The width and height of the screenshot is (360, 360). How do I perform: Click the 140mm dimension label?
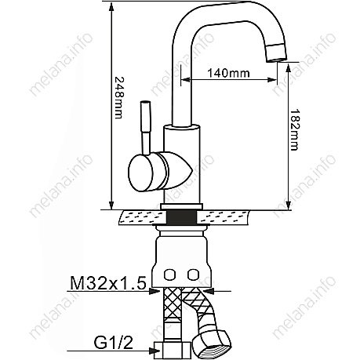(228, 73)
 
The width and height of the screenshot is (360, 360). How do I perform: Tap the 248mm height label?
(118, 98)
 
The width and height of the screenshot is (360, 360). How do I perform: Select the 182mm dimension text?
(294, 129)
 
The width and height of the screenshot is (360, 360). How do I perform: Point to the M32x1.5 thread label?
(107, 283)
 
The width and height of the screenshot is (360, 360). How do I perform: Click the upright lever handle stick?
(145, 128)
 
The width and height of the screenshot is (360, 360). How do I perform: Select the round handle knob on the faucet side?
(140, 173)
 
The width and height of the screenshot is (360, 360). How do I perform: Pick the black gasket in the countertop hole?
(182, 217)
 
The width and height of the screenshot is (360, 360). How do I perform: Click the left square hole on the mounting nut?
(169, 275)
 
